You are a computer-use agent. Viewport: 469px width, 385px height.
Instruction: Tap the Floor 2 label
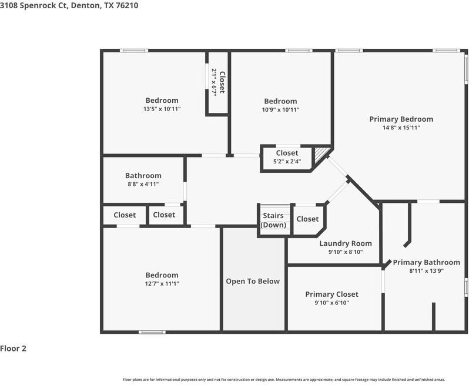pyautogui.click(x=14, y=349)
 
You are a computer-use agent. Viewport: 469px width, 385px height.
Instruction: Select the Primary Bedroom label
pyautogui.click(x=401, y=119)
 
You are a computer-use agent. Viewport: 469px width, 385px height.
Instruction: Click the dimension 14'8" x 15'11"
pyautogui.click(x=401, y=128)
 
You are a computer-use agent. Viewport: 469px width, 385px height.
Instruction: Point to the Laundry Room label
pyautogui.click(x=345, y=243)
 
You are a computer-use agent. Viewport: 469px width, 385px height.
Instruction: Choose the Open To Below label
pyautogui.click(x=253, y=281)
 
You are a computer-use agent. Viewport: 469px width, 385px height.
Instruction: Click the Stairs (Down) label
pyautogui.click(x=273, y=220)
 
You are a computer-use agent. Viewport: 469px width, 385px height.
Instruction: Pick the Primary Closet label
pyautogui.click(x=331, y=294)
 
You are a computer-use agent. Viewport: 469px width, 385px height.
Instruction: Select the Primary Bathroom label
pyautogui.click(x=426, y=262)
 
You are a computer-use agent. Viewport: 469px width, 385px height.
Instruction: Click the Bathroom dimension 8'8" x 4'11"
pyautogui.click(x=143, y=184)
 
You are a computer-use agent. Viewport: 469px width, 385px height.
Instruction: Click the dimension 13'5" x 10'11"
pyautogui.click(x=162, y=109)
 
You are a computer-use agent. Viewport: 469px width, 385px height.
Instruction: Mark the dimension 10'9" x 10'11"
pyautogui.click(x=280, y=109)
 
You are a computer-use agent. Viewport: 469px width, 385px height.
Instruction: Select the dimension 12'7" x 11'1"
pyautogui.click(x=162, y=283)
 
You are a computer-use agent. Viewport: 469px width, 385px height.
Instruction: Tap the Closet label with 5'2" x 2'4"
pyautogui.click(x=287, y=153)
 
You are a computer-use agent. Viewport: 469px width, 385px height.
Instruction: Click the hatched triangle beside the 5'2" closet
pyautogui.click(x=321, y=155)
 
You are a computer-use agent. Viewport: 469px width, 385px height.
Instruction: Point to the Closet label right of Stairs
pyautogui.click(x=307, y=219)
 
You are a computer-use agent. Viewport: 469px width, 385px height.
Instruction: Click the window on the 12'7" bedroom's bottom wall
pyautogui.click(x=152, y=332)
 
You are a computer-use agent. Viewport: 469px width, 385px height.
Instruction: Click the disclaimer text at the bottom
pyautogui.click(x=283, y=380)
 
